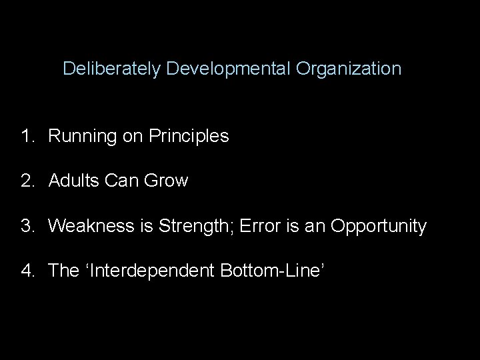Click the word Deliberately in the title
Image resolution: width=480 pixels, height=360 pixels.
(112, 69)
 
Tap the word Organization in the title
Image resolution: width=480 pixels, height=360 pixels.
(349, 69)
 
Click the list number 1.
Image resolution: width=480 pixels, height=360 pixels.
(26, 137)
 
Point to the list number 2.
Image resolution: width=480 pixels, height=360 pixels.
(26, 181)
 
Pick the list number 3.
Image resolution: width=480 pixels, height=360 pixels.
(26, 227)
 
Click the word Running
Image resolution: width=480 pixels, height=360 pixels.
(81, 137)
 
